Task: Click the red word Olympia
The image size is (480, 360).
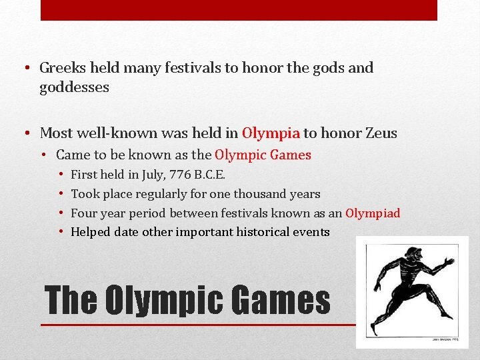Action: point(271,133)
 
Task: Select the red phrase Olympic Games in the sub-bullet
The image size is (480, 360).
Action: point(263,155)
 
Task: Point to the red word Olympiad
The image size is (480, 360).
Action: point(373,213)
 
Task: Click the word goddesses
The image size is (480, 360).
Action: point(74,87)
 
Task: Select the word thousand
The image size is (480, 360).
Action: point(259,194)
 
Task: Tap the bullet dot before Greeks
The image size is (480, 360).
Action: point(24,68)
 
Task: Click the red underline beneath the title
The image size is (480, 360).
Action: point(200,325)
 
